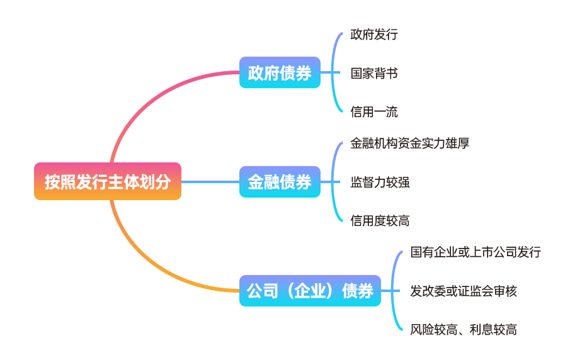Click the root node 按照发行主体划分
point(108,181)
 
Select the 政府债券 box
point(280,72)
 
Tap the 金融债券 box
point(280,182)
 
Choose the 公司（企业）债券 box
point(310,291)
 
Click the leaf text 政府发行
point(374,35)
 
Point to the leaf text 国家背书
point(374,73)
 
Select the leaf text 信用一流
point(374,112)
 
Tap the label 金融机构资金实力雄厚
point(410,143)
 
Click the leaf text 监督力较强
point(380,183)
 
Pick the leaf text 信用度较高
point(380,221)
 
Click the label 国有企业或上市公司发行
point(476,252)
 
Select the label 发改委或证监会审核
point(464,291)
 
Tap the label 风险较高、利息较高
point(464,330)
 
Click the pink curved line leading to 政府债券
point(157,94)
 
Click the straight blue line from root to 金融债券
point(210,182)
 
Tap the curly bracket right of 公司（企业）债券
point(394,291)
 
